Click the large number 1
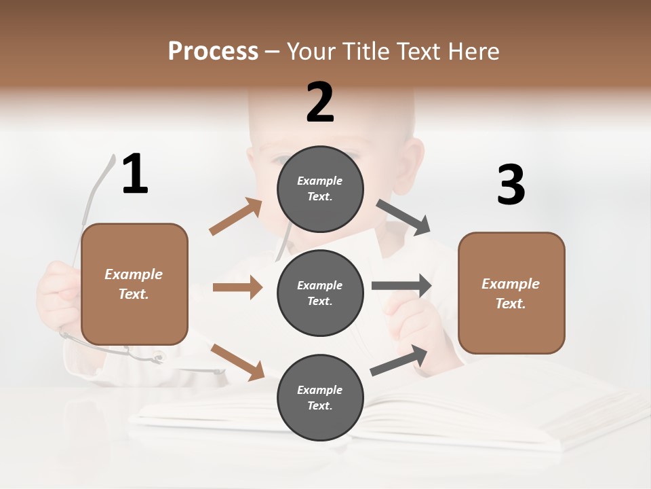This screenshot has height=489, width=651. point(135,175)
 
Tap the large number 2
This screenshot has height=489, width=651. point(320,103)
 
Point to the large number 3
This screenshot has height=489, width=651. point(511,185)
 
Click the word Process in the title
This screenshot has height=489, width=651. point(213,51)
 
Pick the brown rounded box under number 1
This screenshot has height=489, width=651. point(134,284)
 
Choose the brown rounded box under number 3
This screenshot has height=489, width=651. point(511,293)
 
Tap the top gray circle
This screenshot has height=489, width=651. point(320,189)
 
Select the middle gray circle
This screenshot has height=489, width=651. point(320,293)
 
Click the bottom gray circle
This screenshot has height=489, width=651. point(320,397)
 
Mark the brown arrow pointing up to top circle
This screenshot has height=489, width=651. point(236,217)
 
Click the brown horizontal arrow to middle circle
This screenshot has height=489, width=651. point(237,287)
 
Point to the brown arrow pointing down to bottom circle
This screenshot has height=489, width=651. point(237,362)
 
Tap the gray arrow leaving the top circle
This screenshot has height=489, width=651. point(403,217)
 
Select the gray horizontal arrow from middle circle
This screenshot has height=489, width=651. point(401,285)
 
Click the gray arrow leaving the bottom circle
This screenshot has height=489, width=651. point(399,360)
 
